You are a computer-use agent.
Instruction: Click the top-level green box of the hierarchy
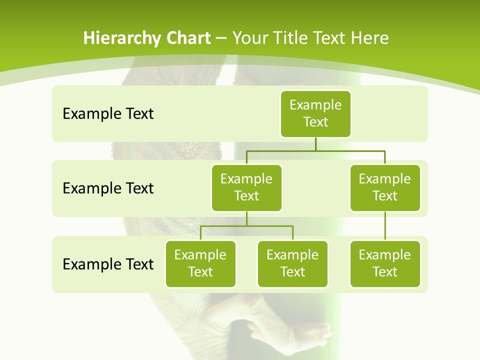[315, 113]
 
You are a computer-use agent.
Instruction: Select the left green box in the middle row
[246, 187]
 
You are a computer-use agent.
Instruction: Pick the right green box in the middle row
[385, 187]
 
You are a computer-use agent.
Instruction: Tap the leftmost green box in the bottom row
[200, 263]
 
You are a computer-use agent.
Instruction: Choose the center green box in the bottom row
[292, 263]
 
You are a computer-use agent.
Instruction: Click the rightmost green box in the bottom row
[385, 263]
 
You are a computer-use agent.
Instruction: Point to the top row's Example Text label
[108, 114]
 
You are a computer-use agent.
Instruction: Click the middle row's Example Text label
[108, 188]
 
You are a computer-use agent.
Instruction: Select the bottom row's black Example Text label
[108, 264]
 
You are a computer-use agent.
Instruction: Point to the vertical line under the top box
[315, 143]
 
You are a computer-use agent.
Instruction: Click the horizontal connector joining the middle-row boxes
[315, 150]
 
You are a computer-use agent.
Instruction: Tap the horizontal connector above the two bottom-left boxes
[246, 226]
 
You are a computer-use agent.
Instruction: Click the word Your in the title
[250, 38]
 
